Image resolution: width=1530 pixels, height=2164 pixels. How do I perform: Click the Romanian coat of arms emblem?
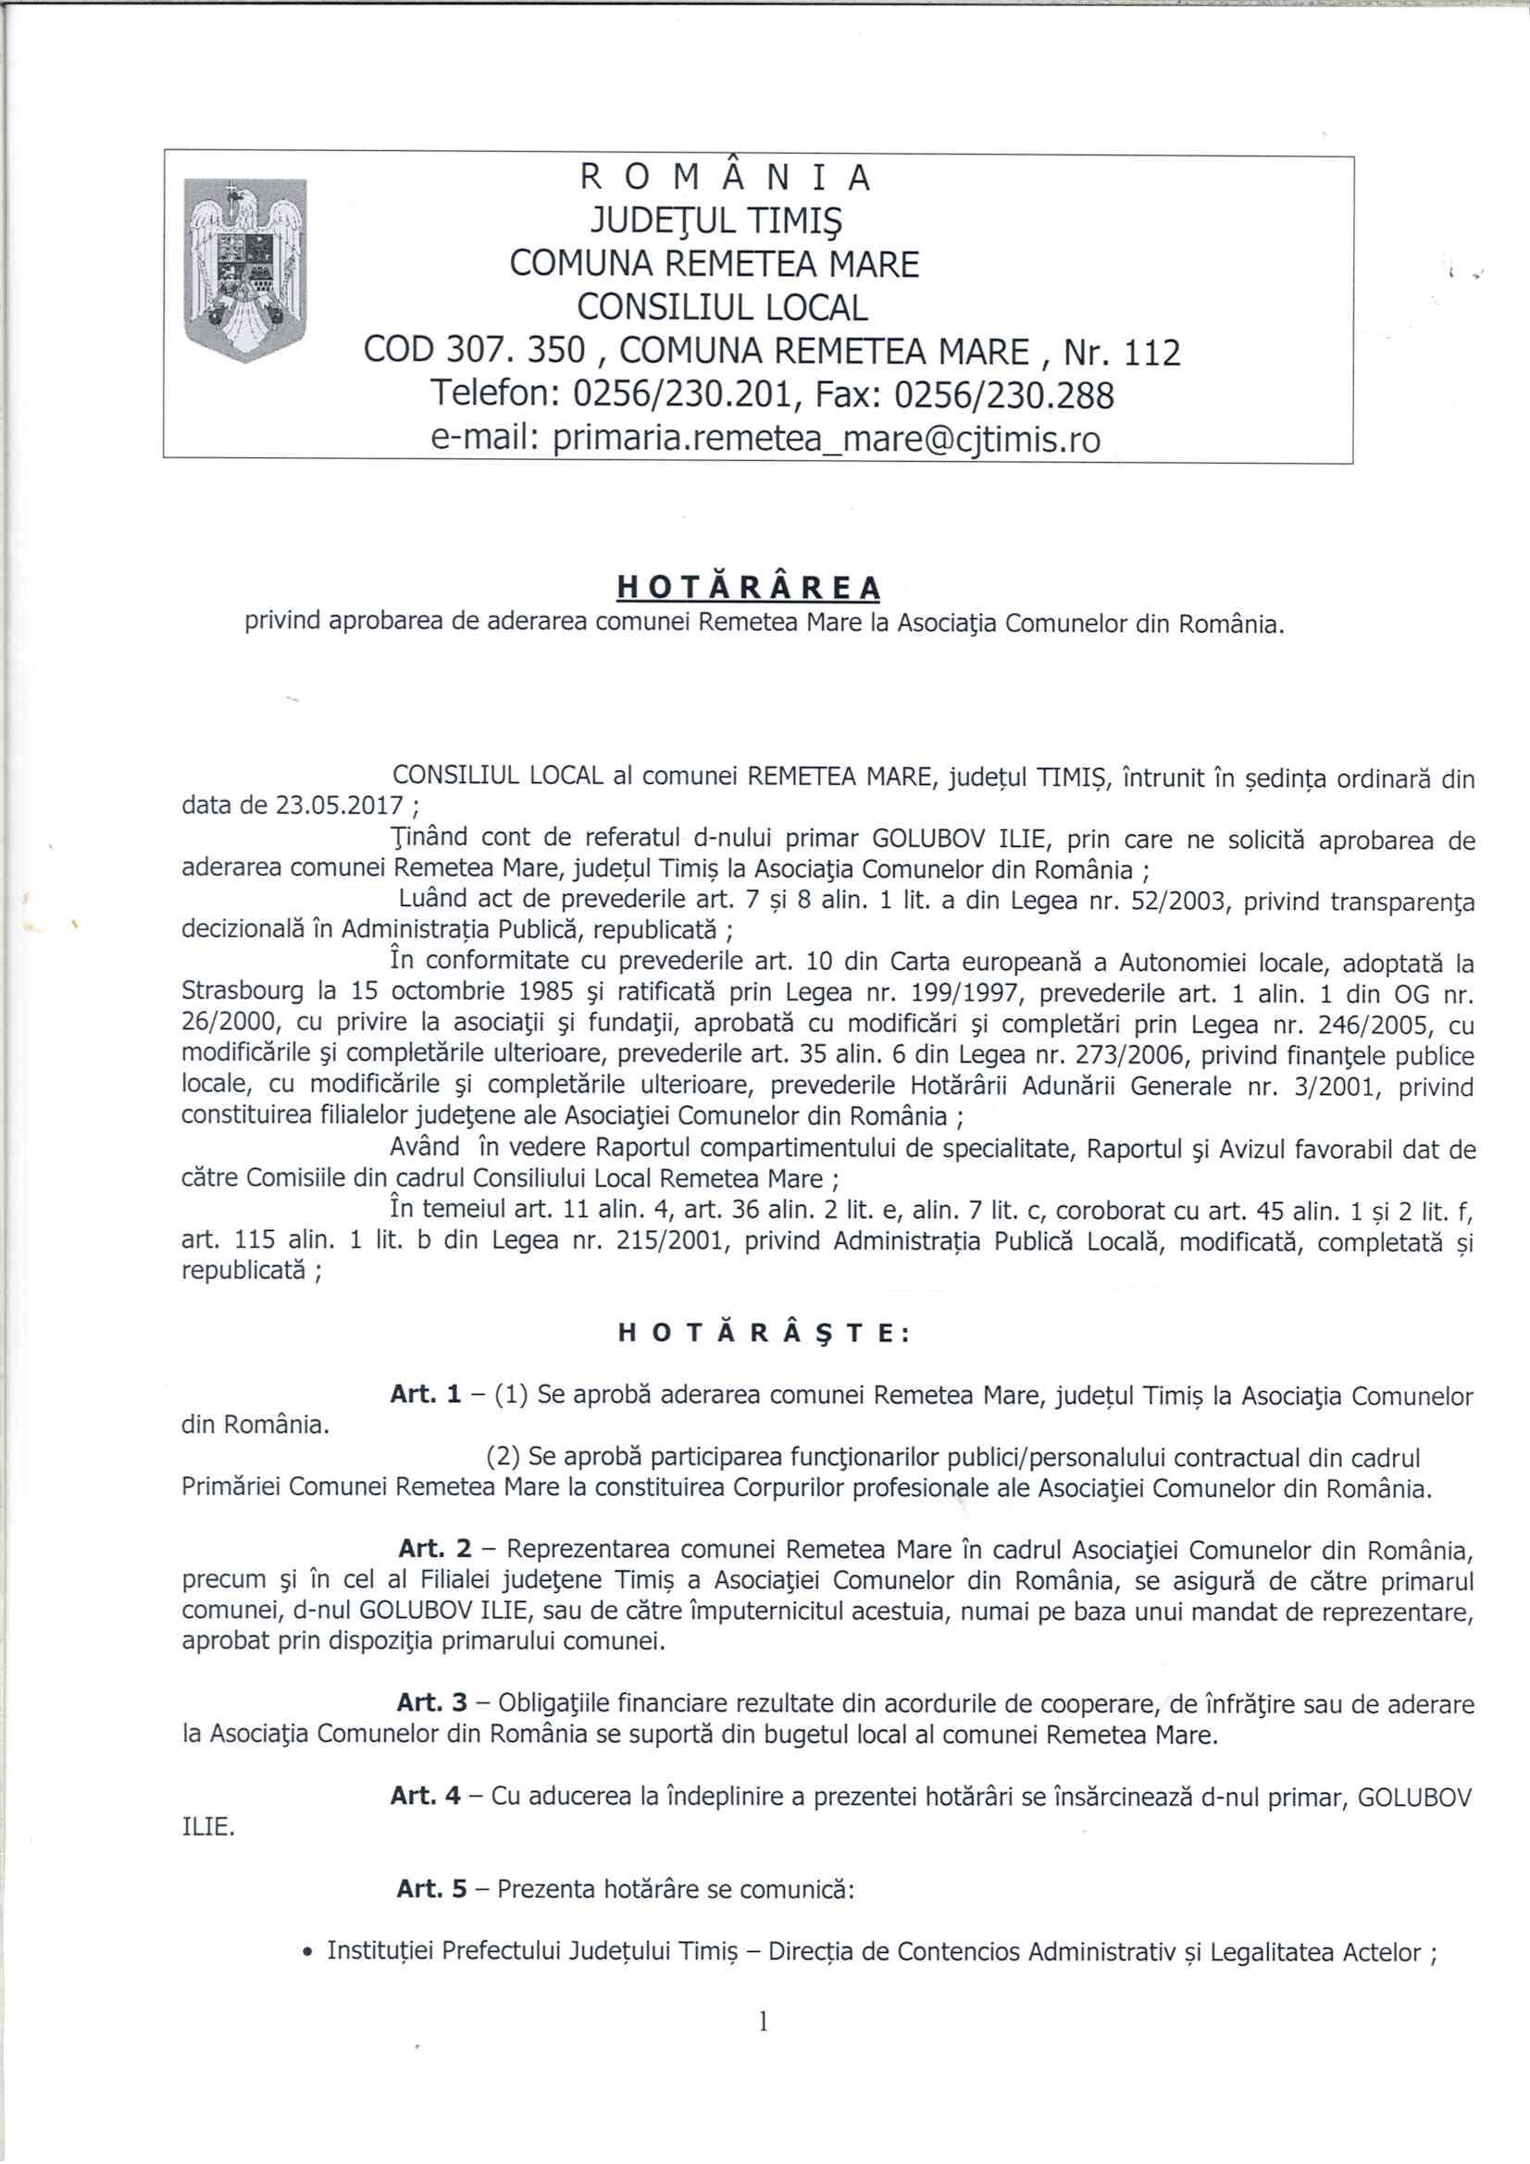[x=244, y=270]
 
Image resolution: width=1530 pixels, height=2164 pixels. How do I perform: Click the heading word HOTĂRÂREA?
[x=749, y=587]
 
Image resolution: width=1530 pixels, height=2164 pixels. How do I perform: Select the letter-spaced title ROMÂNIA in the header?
[x=725, y=178]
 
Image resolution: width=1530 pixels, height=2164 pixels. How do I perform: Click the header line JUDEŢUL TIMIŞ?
[x=715, y=221]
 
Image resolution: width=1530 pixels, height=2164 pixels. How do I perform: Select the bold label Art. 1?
[x=425, y=1396]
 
